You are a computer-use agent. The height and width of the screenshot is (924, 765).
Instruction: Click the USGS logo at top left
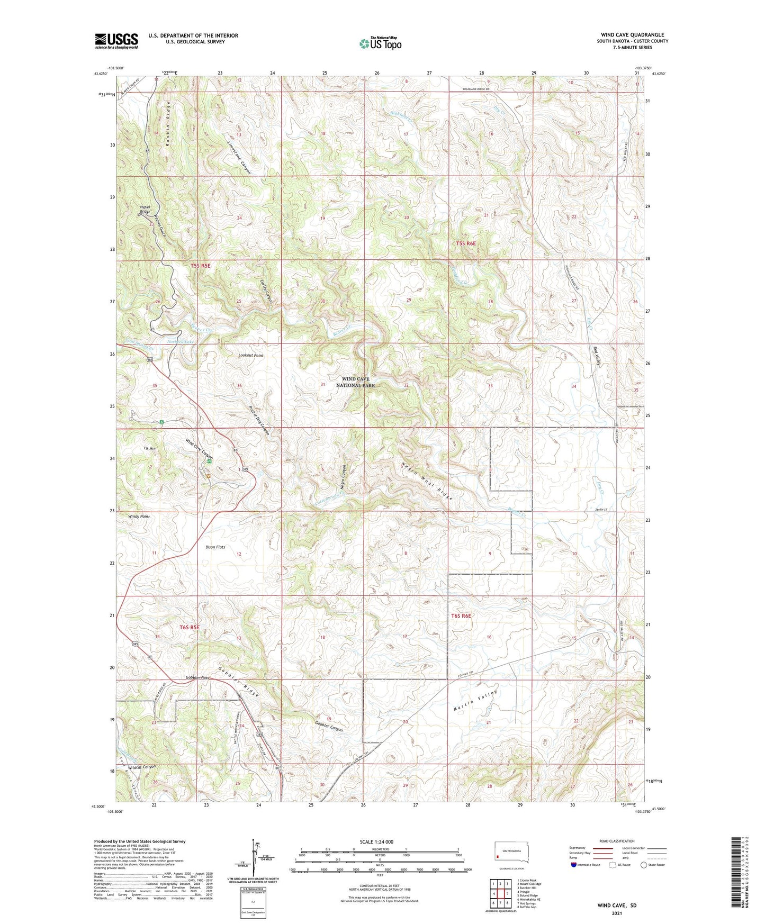click(116, 41)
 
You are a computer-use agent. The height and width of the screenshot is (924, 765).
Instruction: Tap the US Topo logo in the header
click(380, 43)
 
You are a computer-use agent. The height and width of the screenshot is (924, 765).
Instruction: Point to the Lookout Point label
click(250, 356)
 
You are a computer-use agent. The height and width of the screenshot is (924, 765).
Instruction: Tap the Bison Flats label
click(215, 547)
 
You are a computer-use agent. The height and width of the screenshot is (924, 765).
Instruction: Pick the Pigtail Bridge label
click(145, 209)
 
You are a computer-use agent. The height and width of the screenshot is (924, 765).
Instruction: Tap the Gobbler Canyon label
click(329, 727)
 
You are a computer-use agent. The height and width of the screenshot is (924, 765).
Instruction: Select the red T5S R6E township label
click(466, 243)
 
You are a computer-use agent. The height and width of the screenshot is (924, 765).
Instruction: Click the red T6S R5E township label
click(190, 627)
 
